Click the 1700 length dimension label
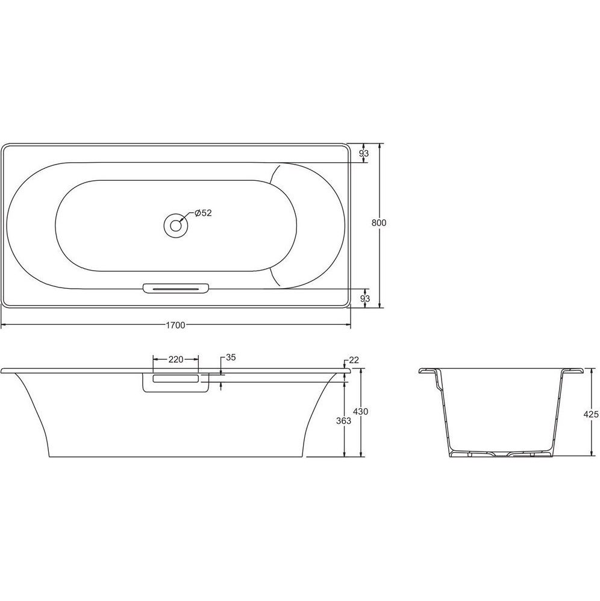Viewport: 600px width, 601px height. point(175,326)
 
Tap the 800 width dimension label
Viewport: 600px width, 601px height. point(379,222)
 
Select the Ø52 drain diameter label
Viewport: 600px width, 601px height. point(203,213)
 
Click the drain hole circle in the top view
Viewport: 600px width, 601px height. point(176,225)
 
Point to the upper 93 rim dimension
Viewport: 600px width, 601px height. point(364,153)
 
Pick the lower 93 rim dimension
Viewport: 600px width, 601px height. point(365,298)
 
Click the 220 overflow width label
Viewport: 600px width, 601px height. point(176,359)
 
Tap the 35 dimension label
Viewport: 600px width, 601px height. point(231,357)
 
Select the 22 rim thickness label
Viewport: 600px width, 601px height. point(354,360)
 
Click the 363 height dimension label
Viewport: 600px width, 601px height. point(343,421)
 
